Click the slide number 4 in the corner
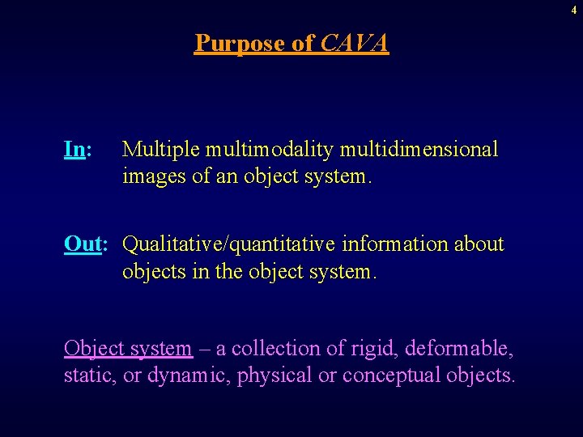coord(574,9)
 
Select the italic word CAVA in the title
coord(355,42)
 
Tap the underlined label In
coord(75,150)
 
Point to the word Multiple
coord(161,150)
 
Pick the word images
coord(151,177)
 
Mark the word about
coord(479,244)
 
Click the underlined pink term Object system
coord(128,350)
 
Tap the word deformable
coord(458,349)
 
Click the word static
coord(88,376)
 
